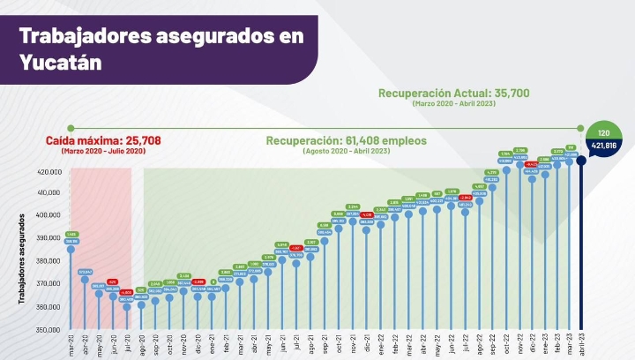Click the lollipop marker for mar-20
click(71, 250)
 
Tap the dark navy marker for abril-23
click(581, 161)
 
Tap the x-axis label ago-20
click(141, 344)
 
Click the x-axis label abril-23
click(580, 345)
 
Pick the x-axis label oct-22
click(507, 344)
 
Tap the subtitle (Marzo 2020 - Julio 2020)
click(103, 152)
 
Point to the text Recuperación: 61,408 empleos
click(347, 141)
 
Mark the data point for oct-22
click(507, 169)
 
